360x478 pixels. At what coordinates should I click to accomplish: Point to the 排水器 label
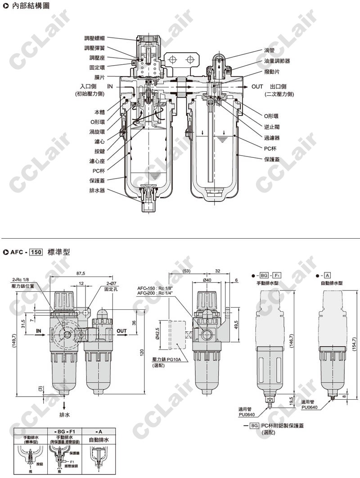click(97, 190)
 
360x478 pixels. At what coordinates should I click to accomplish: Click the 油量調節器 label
click(277, 60)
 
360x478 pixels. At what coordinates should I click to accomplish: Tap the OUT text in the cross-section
click(257, 86)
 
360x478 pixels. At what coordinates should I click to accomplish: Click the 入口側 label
click(89, 86)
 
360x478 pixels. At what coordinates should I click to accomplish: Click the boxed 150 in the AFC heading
click(36, 252)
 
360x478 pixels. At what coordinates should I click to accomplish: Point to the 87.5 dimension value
click(81, 273)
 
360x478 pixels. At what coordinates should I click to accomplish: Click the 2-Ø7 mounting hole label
click(110, 284)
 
